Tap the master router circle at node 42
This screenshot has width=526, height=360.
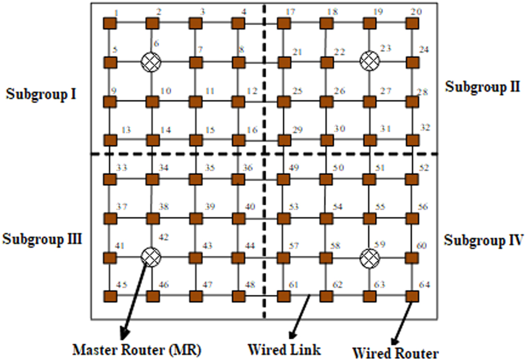tap(151, 256)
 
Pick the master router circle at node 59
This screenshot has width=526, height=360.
tap(369, 256)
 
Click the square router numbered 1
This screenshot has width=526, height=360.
tap(109, 24)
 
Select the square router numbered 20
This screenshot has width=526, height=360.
tap(412, 24)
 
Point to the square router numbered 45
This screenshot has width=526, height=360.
tap(109, 297)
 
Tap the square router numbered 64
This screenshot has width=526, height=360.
tap(412, 296)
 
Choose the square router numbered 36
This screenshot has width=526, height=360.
tap(238, 179)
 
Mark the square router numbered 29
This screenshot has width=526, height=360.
tap(283, 140)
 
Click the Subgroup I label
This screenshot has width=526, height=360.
tap(41, 95)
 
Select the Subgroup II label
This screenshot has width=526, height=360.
tap(483, 86)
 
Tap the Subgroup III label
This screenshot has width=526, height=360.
tap(42, 239)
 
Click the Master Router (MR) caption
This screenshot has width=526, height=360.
tap(137, 349)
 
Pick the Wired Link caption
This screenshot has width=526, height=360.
tap(284, 349)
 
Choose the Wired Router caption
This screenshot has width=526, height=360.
tap(396, 353)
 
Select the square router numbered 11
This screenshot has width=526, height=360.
tap(195, 101)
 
